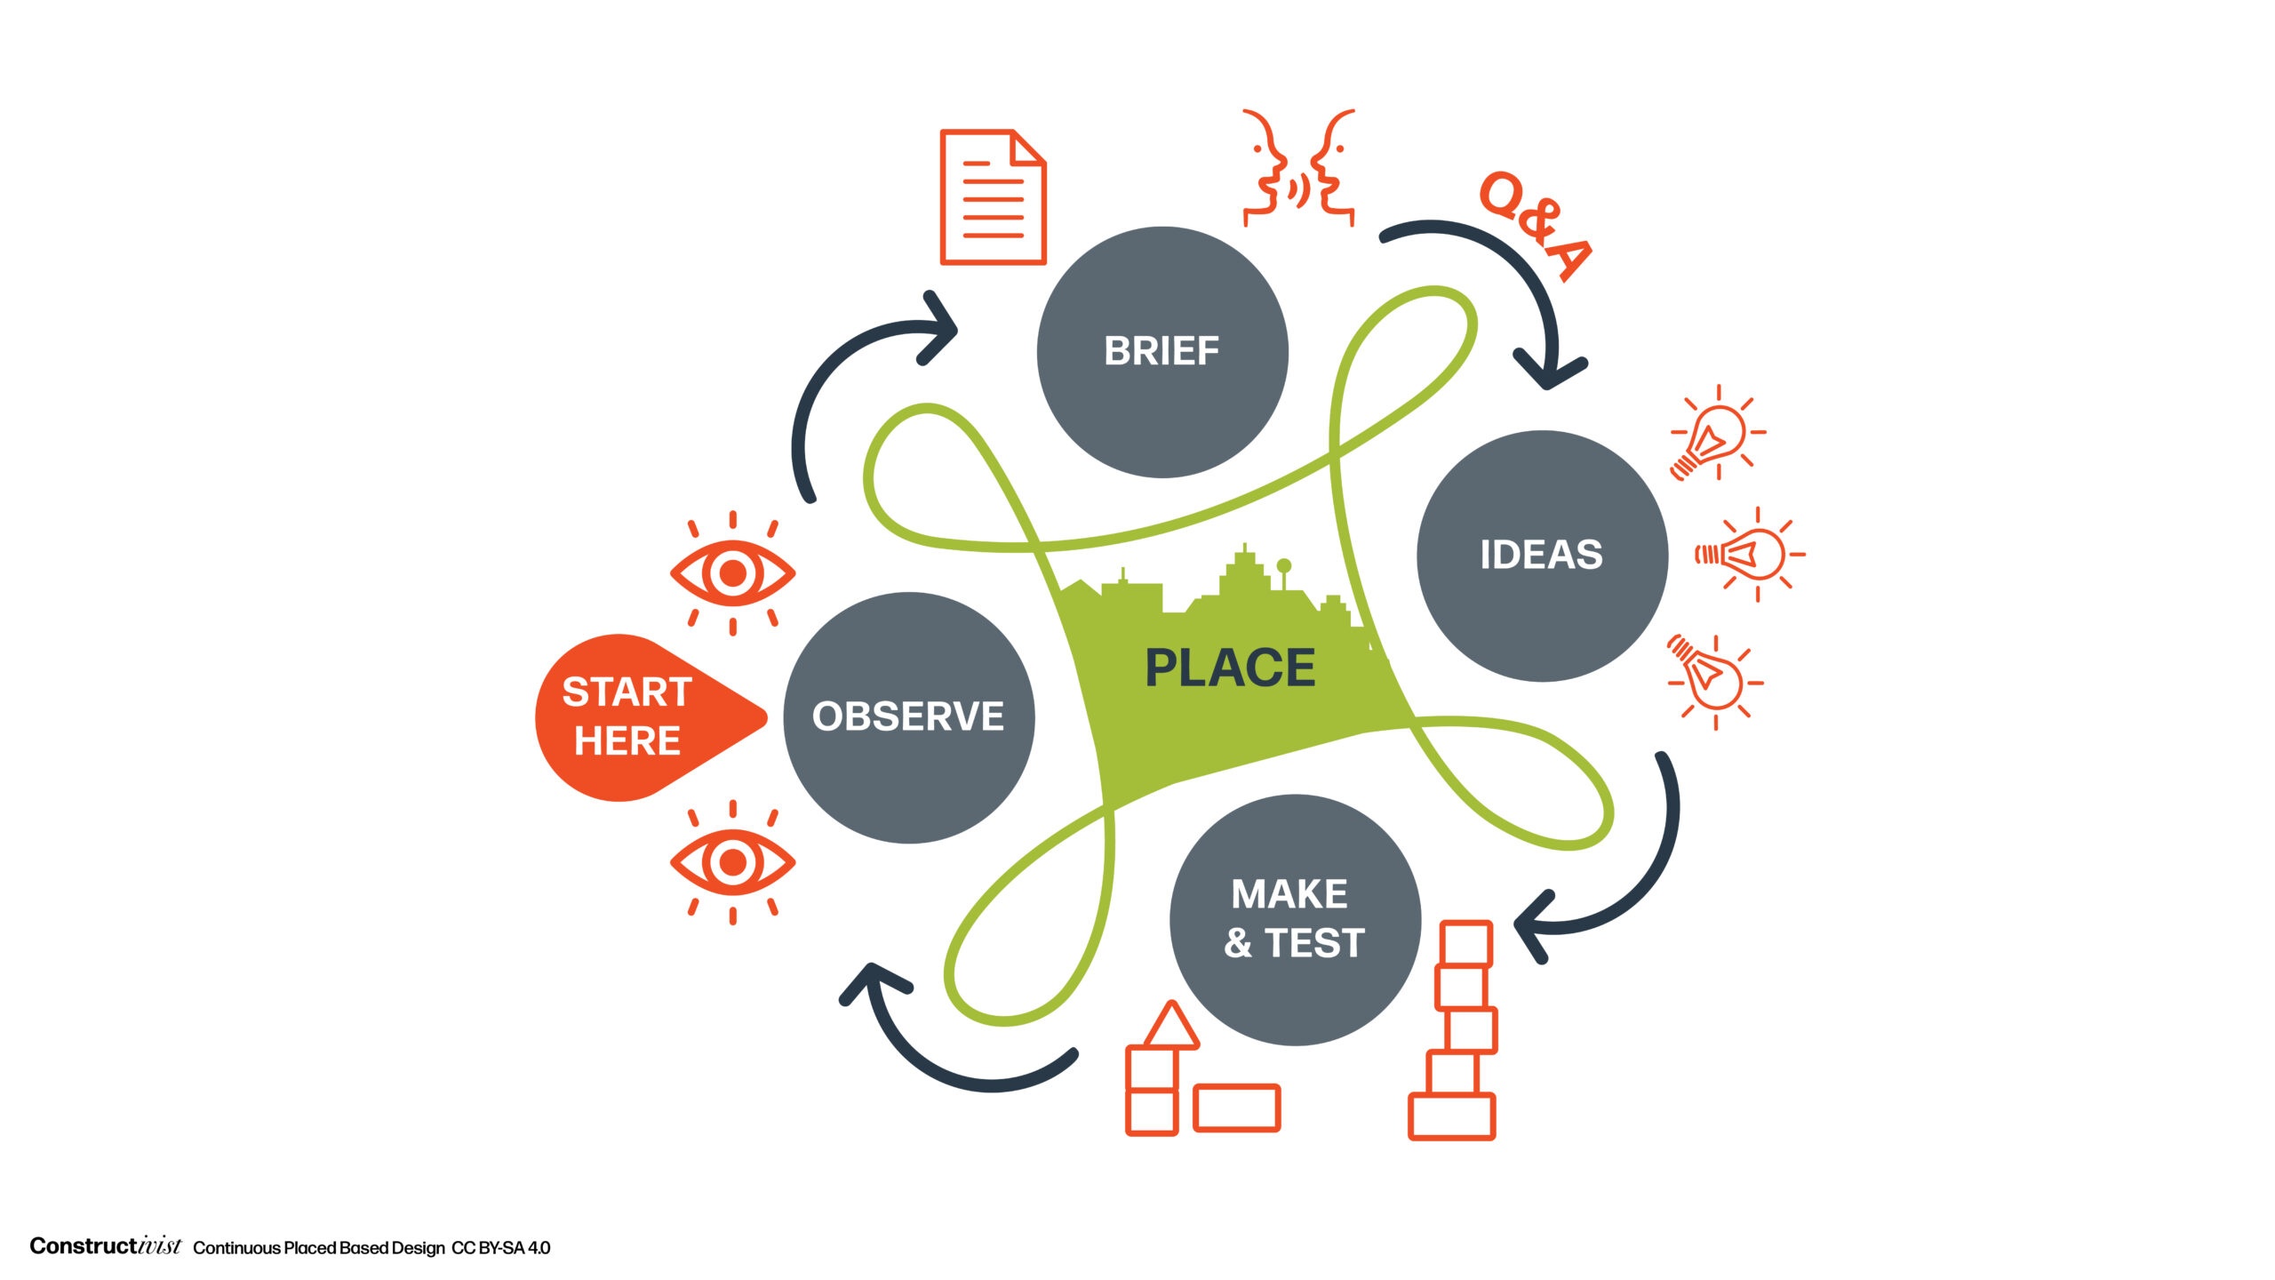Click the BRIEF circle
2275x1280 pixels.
1162,352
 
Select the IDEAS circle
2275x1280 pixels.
1542,556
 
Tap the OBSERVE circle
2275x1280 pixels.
908,717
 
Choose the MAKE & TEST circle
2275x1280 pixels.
1295,919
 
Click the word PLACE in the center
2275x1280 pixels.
1230,668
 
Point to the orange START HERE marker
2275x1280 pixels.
650,717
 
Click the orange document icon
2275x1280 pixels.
993,196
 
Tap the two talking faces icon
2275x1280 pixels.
1298,167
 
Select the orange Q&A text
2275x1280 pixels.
1535,226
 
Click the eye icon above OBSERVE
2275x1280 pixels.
732,573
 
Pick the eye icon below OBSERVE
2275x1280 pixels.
732,862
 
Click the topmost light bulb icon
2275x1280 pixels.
1717,433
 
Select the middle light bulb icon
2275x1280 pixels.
1750,555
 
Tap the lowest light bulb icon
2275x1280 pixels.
1714,681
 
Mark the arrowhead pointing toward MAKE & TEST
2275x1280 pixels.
1535,928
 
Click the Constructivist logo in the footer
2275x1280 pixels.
105,1246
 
